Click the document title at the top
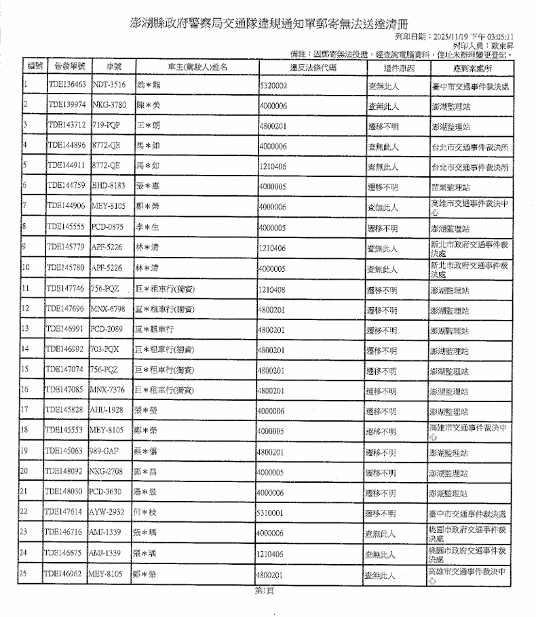pyautogui.click(x=270, y=22)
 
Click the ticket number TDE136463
pyautogui.click(x=67, y=87)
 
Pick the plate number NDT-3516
pyautogui.click(x=108, y=87)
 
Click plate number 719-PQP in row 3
pyautogui.click(x=106, y=126)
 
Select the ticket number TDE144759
pyautogui.click(x=66, y=186)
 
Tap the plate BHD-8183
pyautogui.click(x=108, y=186)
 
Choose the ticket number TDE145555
pyautogui.click(x=66, y=226)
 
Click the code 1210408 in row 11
pyautogui.click(x=275, y=290)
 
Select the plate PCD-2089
pyautogui.click(x=107, y=330)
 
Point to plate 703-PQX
pyautogui.click(x=106, y=351)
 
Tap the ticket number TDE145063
pyautogui.click(x=66, y=452)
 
